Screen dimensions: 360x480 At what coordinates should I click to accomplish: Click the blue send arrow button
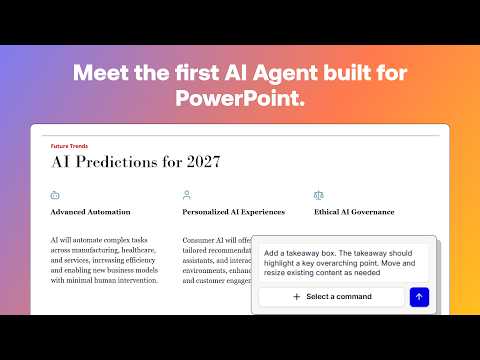[420, 297]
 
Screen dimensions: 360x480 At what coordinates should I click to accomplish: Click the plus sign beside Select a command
[296, 297]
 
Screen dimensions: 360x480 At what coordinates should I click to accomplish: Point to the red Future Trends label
[69, 146]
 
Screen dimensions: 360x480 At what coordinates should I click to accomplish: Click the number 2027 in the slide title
[197, 162]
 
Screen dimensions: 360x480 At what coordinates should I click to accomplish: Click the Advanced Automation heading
[90, 212]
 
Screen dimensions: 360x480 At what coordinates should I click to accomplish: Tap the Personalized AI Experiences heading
[233, 212]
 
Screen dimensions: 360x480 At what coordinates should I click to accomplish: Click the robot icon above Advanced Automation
[55, 196]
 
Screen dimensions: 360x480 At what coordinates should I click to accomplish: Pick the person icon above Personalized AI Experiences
[187, 196]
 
